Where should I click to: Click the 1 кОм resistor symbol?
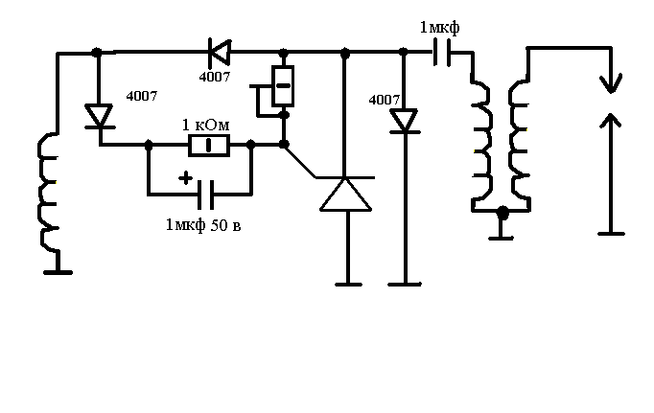[x=209, y=145]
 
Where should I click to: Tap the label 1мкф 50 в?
[x=203, y=225]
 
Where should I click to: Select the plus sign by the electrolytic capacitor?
[x=185, y=178]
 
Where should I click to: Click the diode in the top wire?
[x=220, y=52]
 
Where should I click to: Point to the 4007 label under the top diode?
[x=215, y=77]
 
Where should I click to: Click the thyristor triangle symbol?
[x=345, y=195]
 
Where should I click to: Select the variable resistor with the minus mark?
[x=283, y=86]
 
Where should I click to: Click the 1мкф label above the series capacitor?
[x=439, y=28]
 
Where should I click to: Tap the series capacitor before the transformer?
[x=442, y=53]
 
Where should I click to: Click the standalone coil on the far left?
[x=49, y=192]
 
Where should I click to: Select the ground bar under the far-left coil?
[x=58, y=272]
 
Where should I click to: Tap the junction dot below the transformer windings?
[x=503, y=213]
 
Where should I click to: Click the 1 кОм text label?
[x=206, y=125]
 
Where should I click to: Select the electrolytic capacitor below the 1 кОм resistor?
[x=206, y=195]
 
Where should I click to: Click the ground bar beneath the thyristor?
[x=348, y=285]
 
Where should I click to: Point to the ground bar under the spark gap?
[x=611, y=234]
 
